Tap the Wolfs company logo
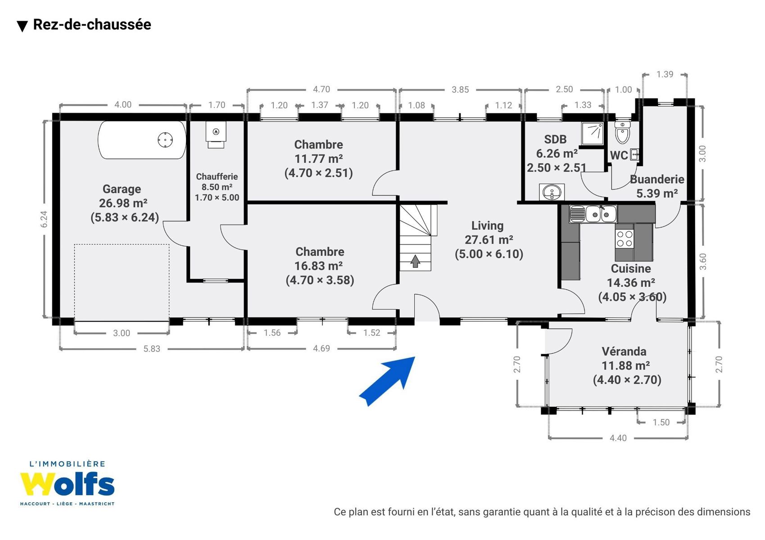pyautogui.click(x=67, y=483)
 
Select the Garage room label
pyautogui.click(x=122, y=189)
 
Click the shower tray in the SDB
pyautogui.click(x=593, y=133)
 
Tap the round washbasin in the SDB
pyautogui.click(x=552, y=192)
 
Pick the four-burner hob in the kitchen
pyautogui.click(x=625, y=238)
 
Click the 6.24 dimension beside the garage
pyautogui.click(x=44, y=219)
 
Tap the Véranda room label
pyautogui.click(x=624, y=351)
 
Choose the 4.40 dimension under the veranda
pyautogui.click(x=618, y=438)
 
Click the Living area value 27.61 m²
pyautogui.click(x=489, y=239)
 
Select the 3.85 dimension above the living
pyautogui.click(x=460, y=90)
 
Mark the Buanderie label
pyautogui.click(x=657, y=179)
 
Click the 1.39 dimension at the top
pyautogui.click(x=665, y=74)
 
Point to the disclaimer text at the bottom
pyautogui.click(x=542, y=512)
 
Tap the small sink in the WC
pyautogui.click(x=634, y=155)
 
